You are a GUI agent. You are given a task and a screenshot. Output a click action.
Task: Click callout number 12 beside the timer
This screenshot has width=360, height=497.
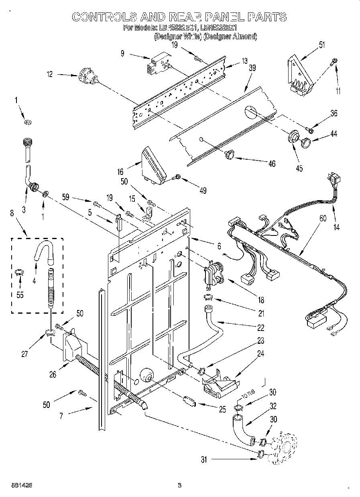(49, 75)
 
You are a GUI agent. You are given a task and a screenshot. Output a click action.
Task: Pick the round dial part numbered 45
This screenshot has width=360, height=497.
(294, 136)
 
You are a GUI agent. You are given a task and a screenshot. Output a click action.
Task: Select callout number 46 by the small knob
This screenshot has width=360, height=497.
(272, 164)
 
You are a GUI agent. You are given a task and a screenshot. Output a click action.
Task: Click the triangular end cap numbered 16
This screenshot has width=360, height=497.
(153, 165)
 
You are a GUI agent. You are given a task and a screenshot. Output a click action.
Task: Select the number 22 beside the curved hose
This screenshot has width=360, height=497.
(261, 328)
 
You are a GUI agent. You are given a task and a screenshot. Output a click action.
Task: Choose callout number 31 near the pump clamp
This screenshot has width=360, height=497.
(204, 460)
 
